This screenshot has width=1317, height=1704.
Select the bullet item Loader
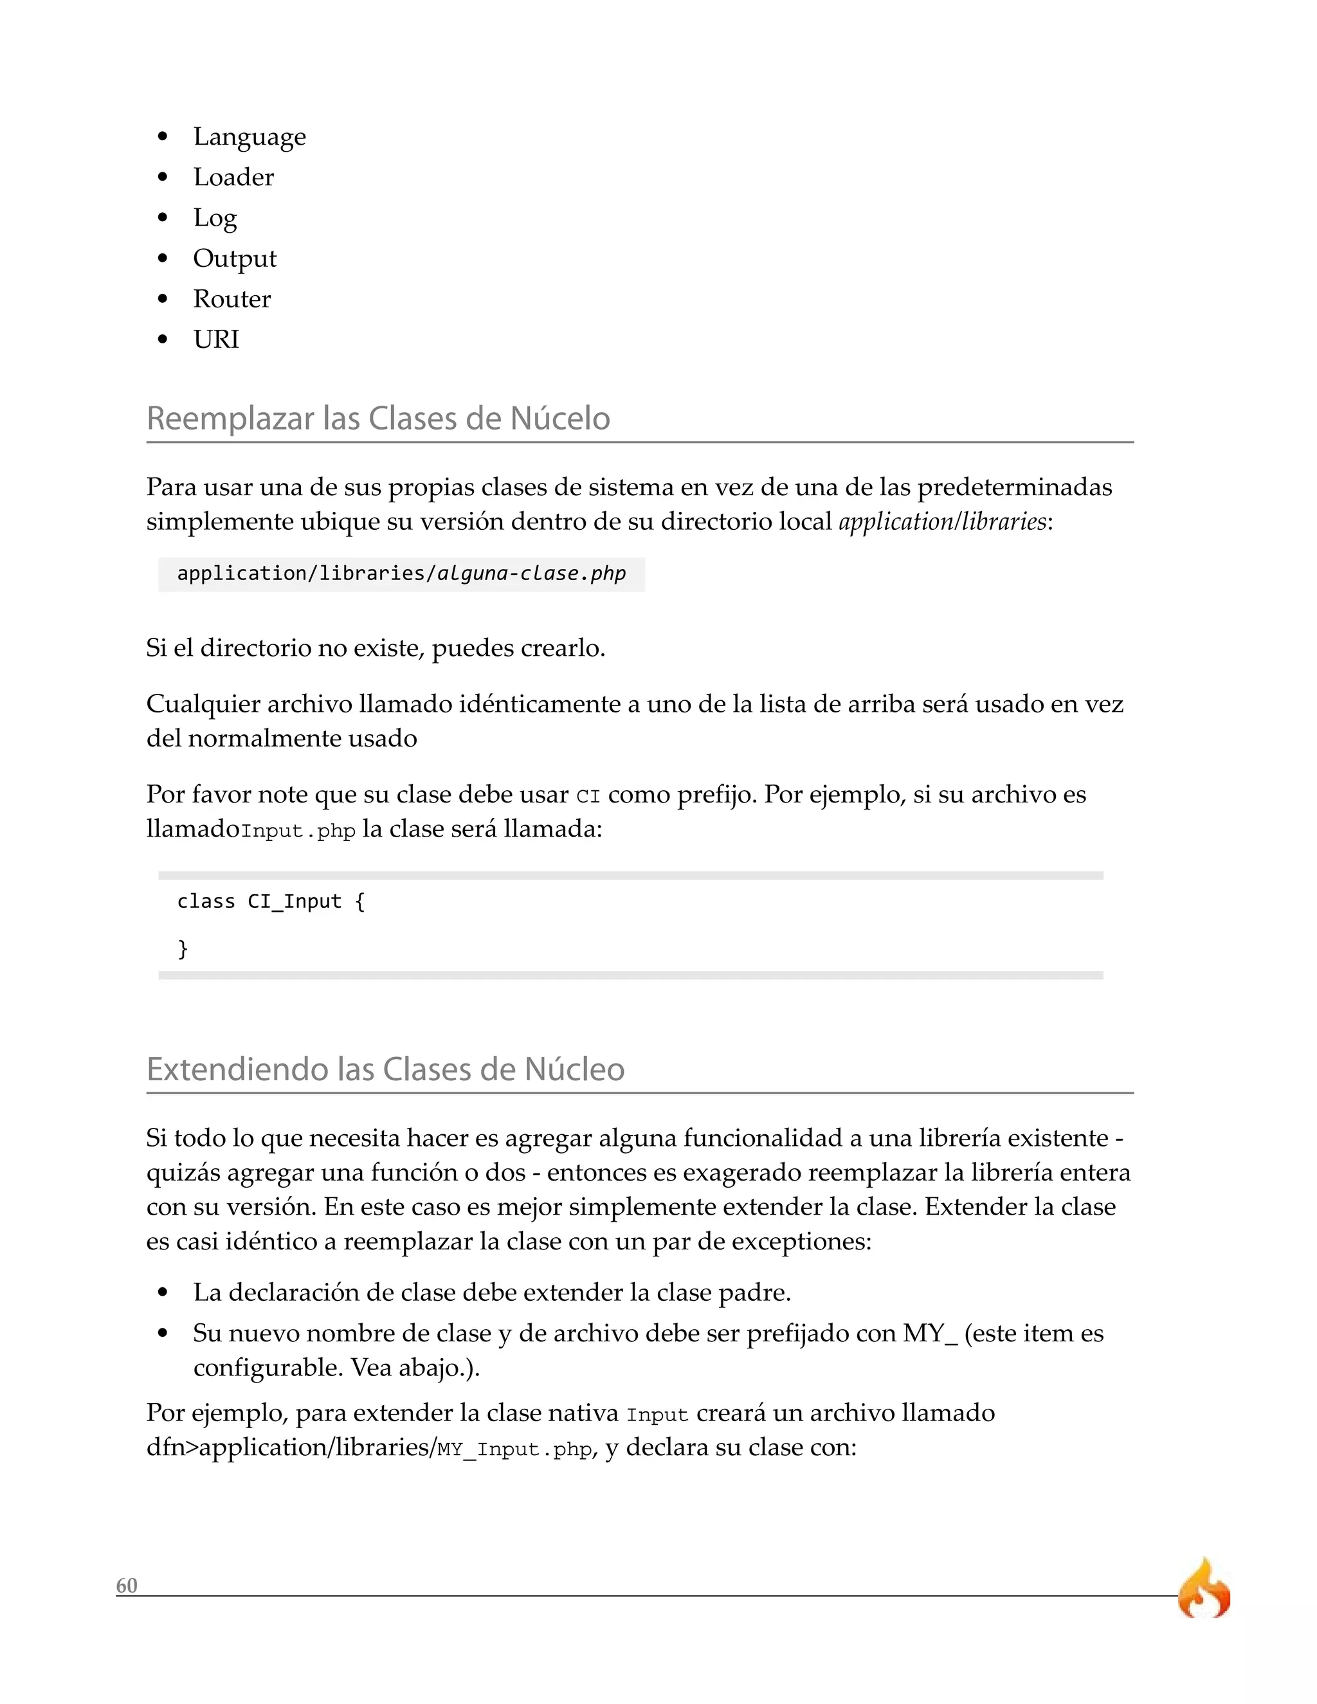pyautogui.click(x=233, y=177)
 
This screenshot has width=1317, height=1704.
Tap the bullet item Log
pyautogui.click(x=215, y=219)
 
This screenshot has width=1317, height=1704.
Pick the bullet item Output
pyautogui.click(x=234, y=258)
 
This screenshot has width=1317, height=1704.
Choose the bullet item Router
pyautogui.click(x=232, y=299)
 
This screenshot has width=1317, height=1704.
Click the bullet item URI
pyautogui.click(x=216, y=340)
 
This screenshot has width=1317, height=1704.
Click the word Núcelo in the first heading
pyautogui.click(x=559, y=418)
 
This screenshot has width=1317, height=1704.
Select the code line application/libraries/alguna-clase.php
pyautogui.click(x=401, y=574)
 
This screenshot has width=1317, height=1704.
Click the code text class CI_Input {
pyautogui.click(x=271, y=902)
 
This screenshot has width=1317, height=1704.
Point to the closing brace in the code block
pyautogui.click(x=183, y=948)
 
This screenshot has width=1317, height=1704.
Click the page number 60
pyautogui.click(x=127, y=1586)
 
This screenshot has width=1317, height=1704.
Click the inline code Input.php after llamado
pyautogui.click(x=298, y=831)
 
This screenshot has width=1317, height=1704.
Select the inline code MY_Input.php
pyautogui.click(x=515, y=1449)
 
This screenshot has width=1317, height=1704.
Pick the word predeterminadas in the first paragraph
pyautogui.click(x=1013, y=487)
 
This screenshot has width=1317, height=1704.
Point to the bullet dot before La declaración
pyautogui.click(x=162, y=1294)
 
